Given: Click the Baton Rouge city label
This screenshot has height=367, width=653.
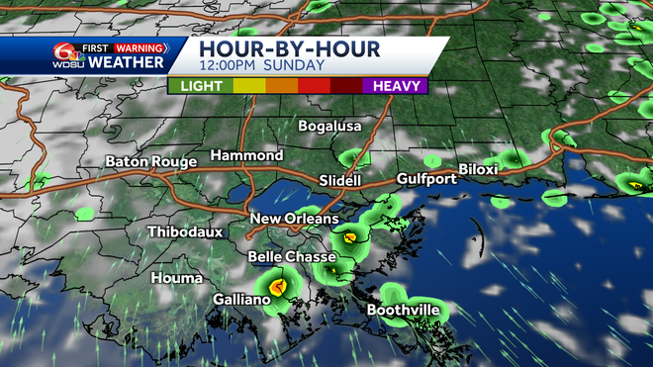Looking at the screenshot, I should pyautogui.click(x=150, y=160).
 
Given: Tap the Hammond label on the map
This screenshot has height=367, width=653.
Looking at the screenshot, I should pyautogui.click(x=246, y=156).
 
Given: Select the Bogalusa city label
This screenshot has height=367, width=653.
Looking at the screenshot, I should pyautogui.click(x=330, y=126).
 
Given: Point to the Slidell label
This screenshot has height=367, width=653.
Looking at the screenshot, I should pyautogui.click(x=340, y=181).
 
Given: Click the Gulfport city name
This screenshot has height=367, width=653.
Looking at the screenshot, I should pyautogui.click(x=426, y=179).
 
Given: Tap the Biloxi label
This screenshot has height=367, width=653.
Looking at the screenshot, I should pyautogui.click(x=479, y=169).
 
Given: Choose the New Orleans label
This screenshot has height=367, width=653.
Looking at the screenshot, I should pyautogui.click(x=294, y=219).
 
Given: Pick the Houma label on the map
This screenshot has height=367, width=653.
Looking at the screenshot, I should pyautogui.click(x=177, y=278).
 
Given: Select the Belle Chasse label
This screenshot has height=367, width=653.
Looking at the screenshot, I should pyautogui.click(x=284, y=256).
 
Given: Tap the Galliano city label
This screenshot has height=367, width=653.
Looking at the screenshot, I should pyautogui.click(x=241, y=299).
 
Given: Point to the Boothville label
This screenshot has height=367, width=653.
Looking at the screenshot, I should pyautogui.click(x=403, y=310).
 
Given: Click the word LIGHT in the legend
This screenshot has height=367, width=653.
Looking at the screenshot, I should pyautogui.click(x=201, y=86).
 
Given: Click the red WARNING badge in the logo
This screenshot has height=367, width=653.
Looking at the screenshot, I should pyautogui.click(x=138, y=46).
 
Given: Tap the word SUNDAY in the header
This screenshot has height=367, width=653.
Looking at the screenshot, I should pyautogui.click(x=296, y=66).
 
